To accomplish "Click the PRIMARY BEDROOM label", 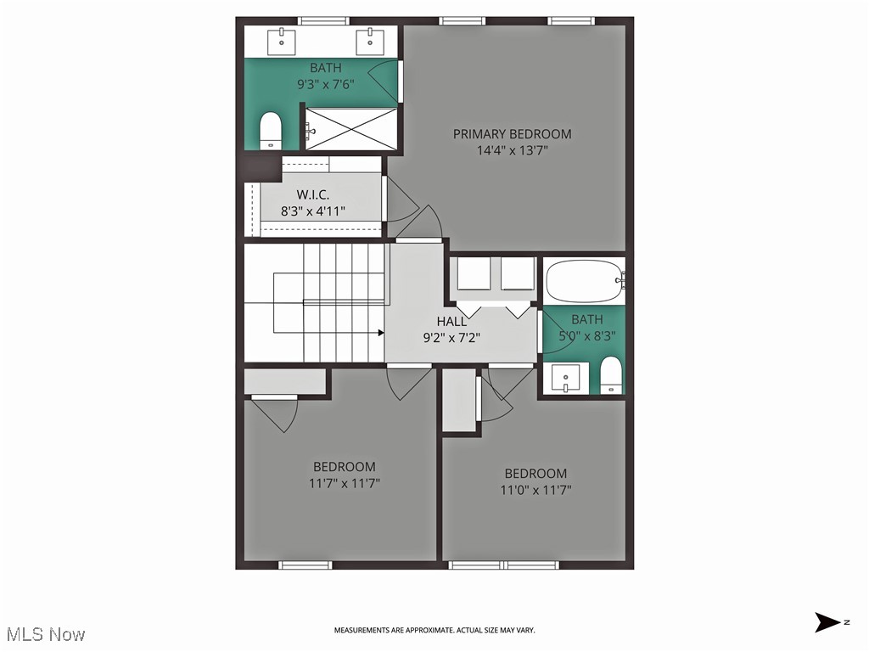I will pyautogui.click(x=512, y=134).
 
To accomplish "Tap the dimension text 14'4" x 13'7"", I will pyautogui.click(x=512, y=151).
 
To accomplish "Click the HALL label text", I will pyautogui.click(x=451, y=322).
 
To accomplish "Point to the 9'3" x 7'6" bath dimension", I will pyautogui.click(x=325, y=84).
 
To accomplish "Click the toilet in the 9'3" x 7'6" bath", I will pyautogui.click(x=270, y=131).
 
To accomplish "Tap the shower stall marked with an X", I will pyautogui.click(x=350, y=129).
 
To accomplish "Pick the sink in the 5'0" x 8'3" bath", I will pyautogui.click(x=565, y=376).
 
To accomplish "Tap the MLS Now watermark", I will pyautogui.click(x=46, y=633).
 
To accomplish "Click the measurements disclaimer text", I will pyautogui.click(x=434, y=630).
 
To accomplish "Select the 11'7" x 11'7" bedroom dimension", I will pyautogui.click(x=345, y=483).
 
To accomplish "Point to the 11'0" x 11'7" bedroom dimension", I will pyautogui.click(x=535, y=490).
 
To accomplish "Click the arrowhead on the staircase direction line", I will pyautogui.click(x=380, y=334).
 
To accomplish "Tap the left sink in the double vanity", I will pyautogui.click(x=282, y=39).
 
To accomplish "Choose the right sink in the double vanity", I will pyautogui.click(x=370, y=39).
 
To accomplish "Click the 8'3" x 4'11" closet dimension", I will pyautogui.click(x=314, y=211).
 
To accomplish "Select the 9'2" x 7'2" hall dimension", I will pyautogui.click(x=451, y=337).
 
